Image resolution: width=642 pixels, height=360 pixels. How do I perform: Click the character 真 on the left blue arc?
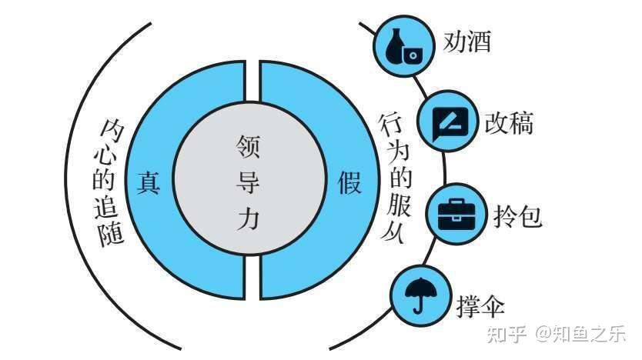pyautogui.click(x=148, y=182)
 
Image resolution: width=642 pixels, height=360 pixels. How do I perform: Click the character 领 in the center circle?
pyautogui.click(x=249, y=145)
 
